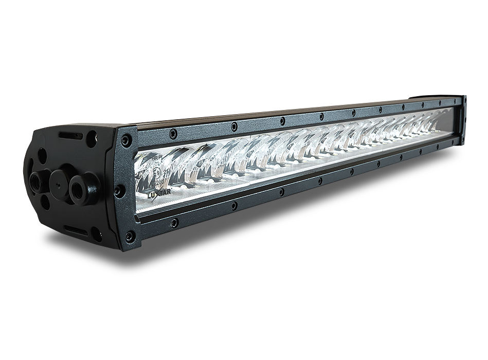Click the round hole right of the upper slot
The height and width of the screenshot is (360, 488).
pyautogui.click(x=92, y=138)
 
